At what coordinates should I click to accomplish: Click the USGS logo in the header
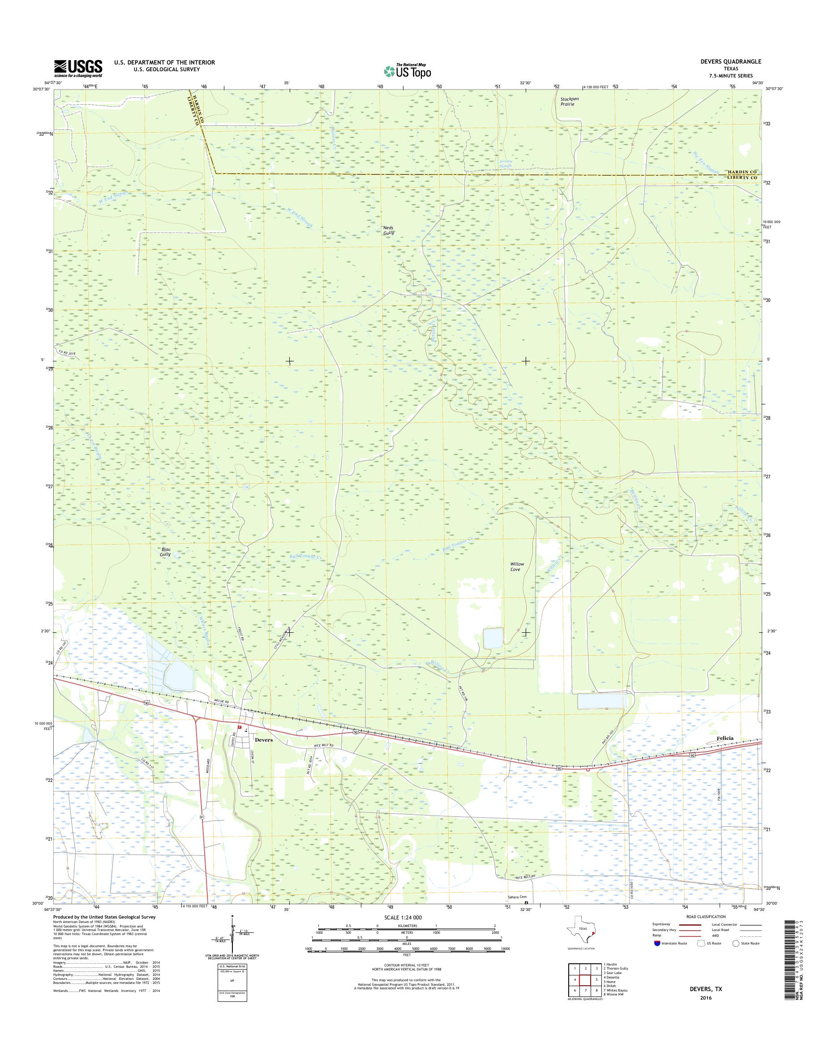78,68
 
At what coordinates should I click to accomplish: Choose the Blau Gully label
165,552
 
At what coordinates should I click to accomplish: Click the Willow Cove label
517,567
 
